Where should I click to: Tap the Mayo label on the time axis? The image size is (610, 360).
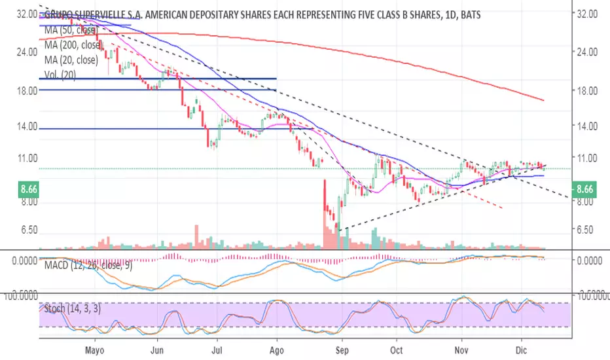click(x=96, y=350)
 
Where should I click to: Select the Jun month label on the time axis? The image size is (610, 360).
click(x=157, y=350)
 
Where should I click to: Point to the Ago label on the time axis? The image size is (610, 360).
click(x=278, y=350)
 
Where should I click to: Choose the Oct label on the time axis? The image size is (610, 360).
click(x=398, y=350)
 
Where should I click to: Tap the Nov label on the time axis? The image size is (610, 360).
click(x=461, y=350)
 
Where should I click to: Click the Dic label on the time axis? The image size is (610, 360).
click(x=522, y=350)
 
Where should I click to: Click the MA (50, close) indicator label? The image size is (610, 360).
click(x=70, y=29)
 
